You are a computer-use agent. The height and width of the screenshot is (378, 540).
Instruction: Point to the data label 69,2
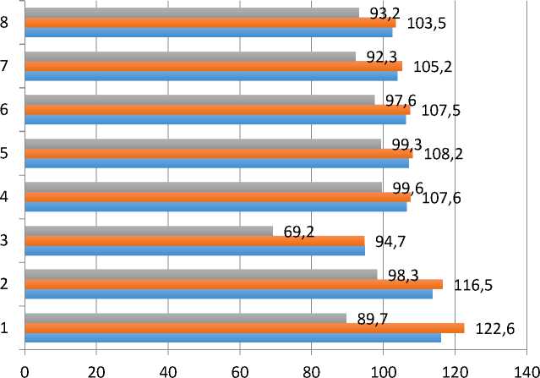[x=298, y=229]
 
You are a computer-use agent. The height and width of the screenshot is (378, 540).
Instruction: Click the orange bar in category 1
[x=244, y=328]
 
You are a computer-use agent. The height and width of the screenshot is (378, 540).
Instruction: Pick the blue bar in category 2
[x=228, y=294]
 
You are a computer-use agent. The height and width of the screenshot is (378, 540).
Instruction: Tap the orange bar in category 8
[x=210, y=23]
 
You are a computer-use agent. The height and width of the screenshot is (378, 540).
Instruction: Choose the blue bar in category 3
[x=194, y=250]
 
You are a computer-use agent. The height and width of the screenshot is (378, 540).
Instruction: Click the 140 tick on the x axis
[x=528, y=370]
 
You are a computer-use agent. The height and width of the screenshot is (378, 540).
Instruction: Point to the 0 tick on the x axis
[x=25, y=370]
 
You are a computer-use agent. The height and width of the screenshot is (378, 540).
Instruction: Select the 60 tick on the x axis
[x=241, y=370]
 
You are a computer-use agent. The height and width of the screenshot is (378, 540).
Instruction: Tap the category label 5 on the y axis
[x=6, y=154]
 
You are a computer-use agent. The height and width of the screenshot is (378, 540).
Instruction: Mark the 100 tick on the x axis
[x=385, y=370]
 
